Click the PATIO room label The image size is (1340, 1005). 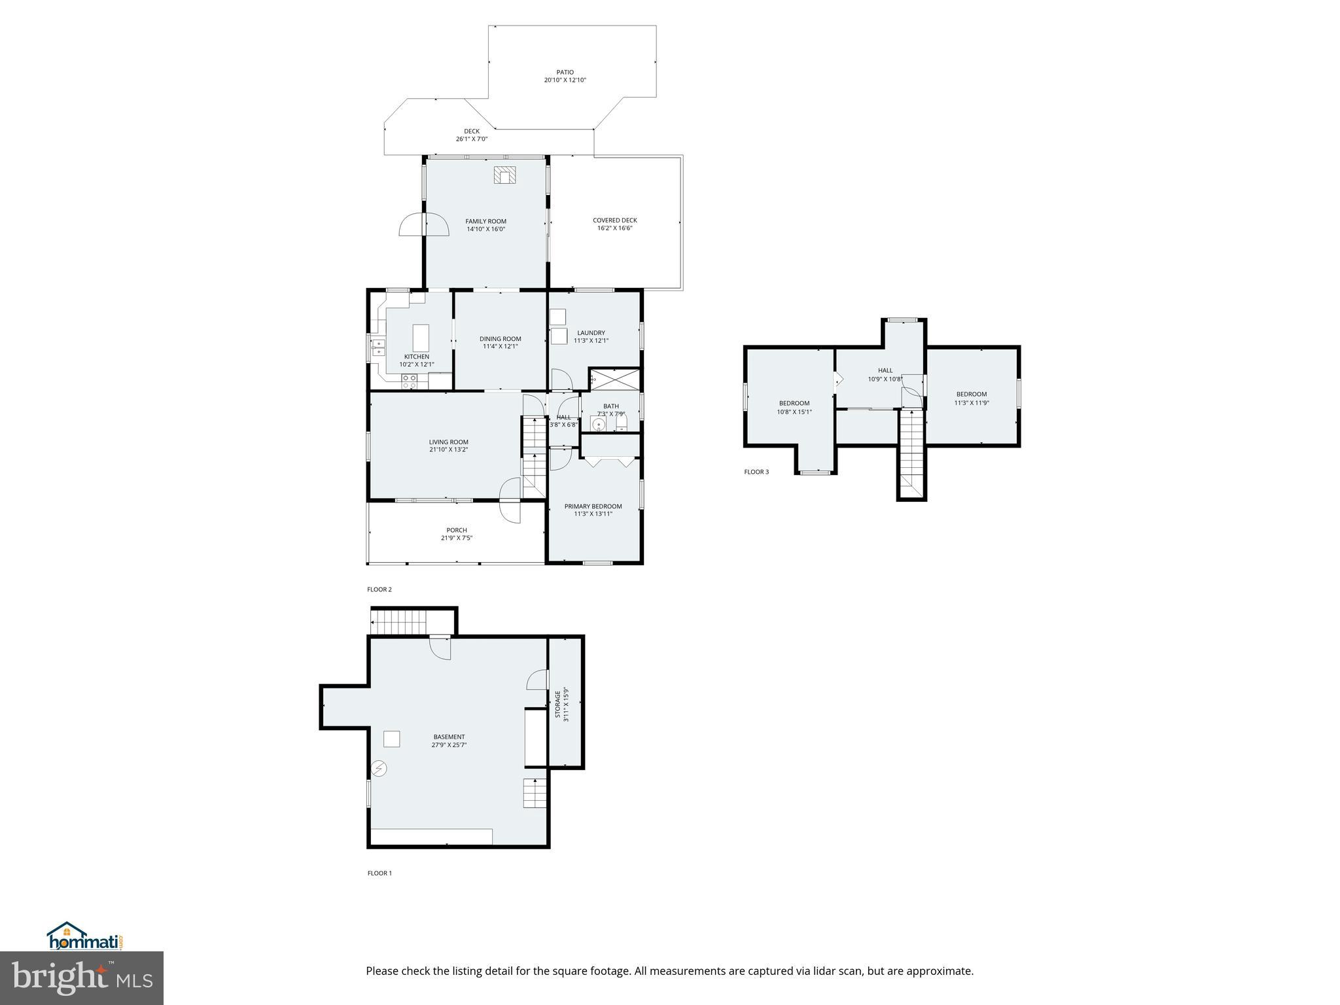(x=565, y=73)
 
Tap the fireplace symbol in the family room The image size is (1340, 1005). (x=505, y=175)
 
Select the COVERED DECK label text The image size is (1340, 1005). (x=614, y=220)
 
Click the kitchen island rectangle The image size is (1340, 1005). (x=421, y=338)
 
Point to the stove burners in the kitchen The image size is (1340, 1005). (x=410, y=382)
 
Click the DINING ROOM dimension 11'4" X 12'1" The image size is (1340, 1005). (x=500, y=347)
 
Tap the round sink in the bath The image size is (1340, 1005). (x=598, y=425)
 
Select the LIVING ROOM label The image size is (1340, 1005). (x=448, y=442)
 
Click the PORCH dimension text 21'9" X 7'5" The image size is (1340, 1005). (x=456, y=538)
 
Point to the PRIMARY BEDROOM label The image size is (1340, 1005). (x=593, y=506)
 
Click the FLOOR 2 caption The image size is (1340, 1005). (x=379, y=590)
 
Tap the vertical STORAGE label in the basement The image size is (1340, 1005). (x=558, y=703)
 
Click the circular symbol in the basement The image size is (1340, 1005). (x=379, y=768)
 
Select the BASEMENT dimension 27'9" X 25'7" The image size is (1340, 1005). (x=449, y=745)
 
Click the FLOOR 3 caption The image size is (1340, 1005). (x=756, y=472)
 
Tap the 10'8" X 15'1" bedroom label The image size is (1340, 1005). (x=794, y=412)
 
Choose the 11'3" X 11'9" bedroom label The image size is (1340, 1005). (x=971, y=403)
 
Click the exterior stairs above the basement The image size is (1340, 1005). (x=399, y=621)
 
